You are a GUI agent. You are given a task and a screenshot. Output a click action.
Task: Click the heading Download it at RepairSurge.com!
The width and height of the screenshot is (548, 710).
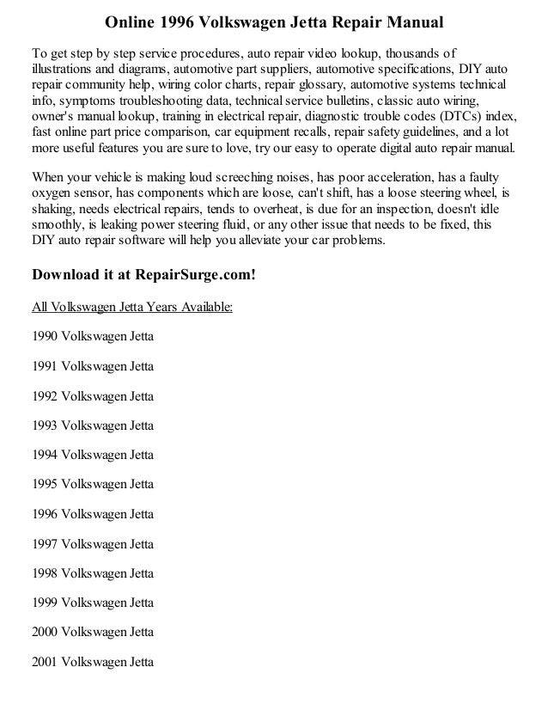pos(144,277)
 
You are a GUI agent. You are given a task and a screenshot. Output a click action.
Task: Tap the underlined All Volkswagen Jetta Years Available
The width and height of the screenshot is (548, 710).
pos(131,306)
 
